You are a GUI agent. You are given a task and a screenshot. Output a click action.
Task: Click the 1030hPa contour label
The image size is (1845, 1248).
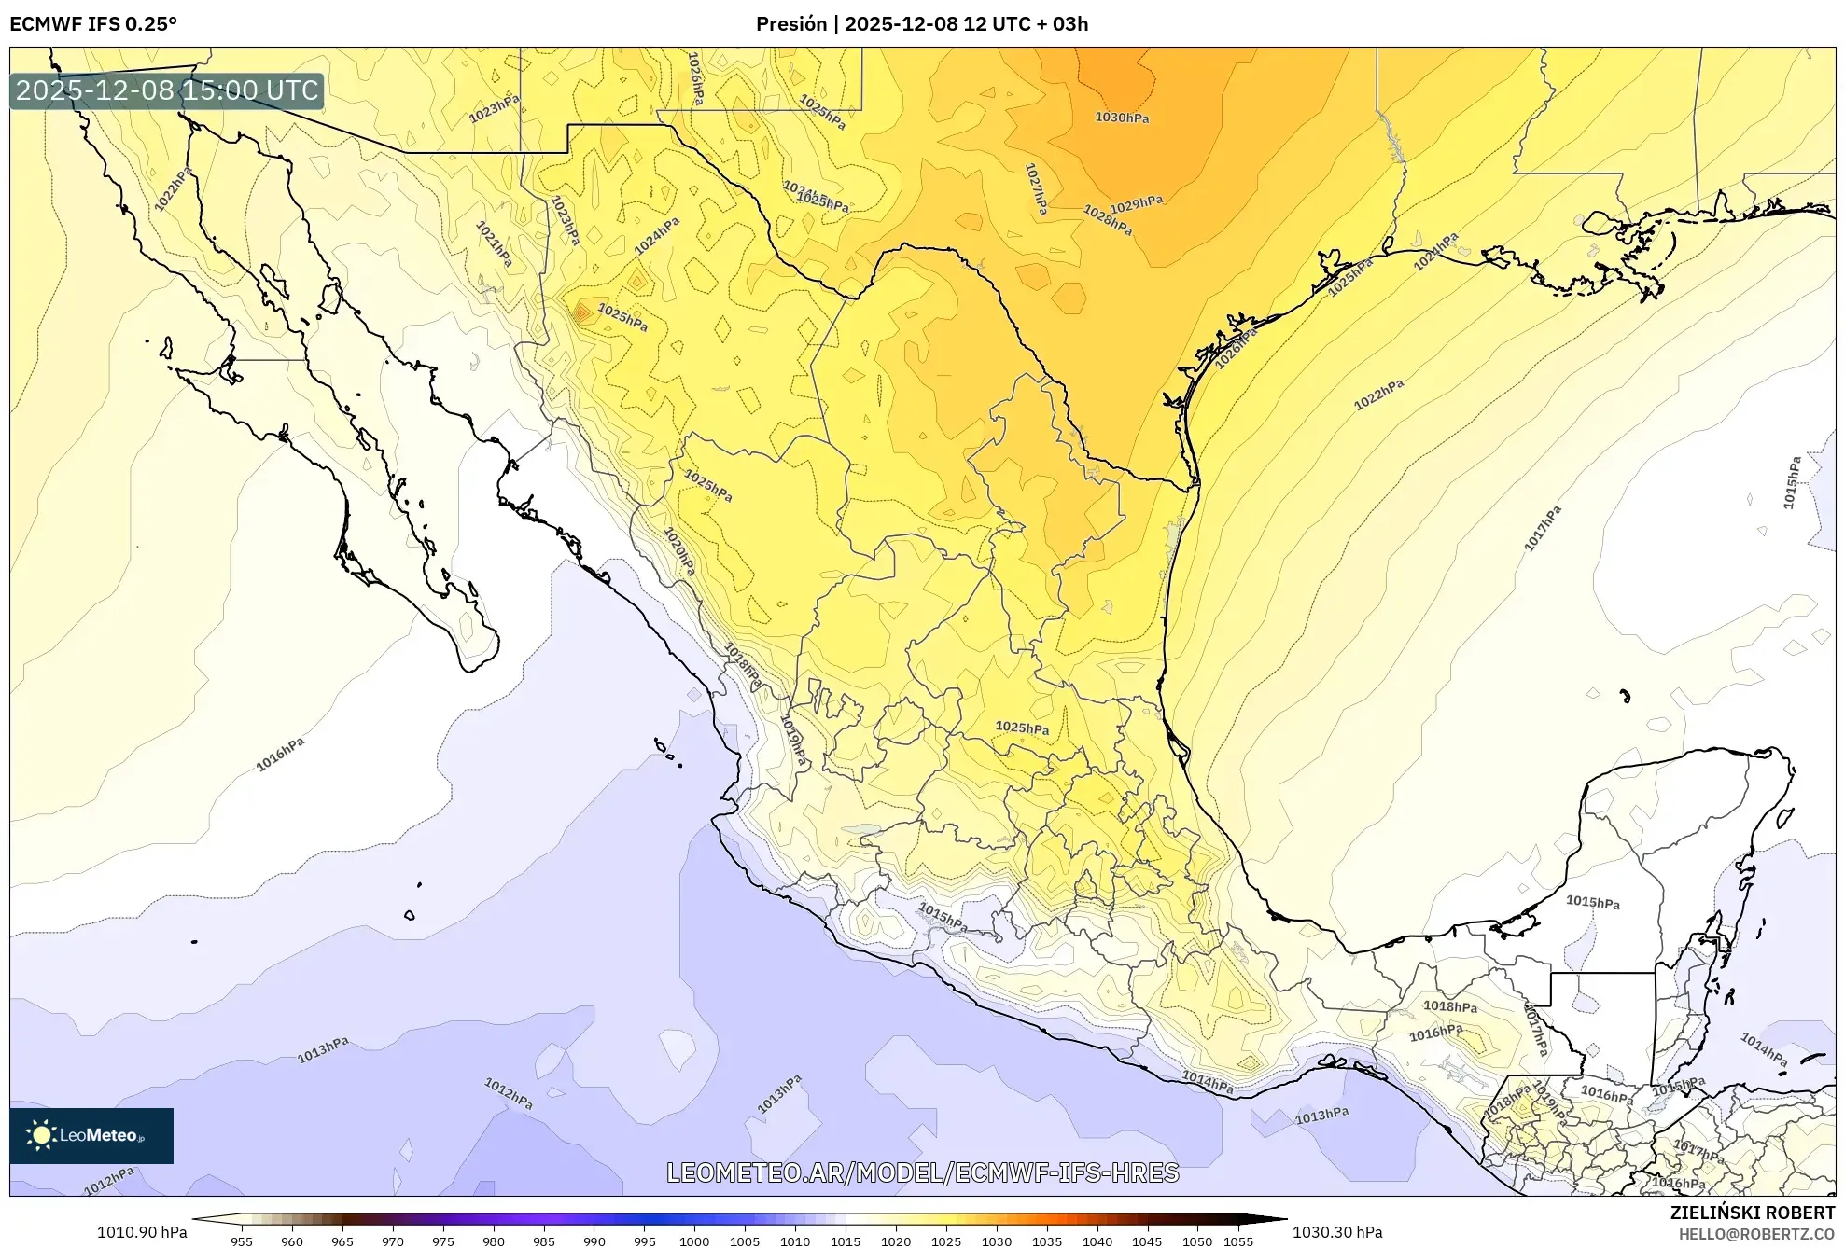(x=1122, y=118)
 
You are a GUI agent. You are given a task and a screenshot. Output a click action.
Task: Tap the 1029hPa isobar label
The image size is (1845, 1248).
(x=1136, y=203)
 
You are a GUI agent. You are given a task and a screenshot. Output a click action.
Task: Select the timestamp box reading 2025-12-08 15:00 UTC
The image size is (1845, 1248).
(x=167, y=90)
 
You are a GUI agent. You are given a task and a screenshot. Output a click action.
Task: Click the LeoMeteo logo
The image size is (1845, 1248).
(x=91, y=1135)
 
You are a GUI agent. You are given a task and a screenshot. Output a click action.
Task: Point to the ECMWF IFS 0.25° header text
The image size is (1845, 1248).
(x=93, y=24)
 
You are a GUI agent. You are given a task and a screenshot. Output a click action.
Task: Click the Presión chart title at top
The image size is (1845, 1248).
(x=921, y=24)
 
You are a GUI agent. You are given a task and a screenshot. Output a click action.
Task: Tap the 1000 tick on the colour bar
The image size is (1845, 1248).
(x=693, y=1241)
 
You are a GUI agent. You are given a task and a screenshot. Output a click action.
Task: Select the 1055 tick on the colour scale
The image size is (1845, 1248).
(x=1238, y=1241)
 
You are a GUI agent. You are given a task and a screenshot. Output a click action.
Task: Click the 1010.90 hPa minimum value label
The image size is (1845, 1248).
(x=142, y=1232)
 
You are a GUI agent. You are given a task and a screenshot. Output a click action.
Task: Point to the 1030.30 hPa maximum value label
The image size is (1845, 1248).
(x=1337, y=1232)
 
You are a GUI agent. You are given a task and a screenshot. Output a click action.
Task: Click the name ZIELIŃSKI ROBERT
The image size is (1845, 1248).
(x=1752, y=1213)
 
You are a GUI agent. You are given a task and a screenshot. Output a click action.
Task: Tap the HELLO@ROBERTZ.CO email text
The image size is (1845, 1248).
(x=1756, y=1234)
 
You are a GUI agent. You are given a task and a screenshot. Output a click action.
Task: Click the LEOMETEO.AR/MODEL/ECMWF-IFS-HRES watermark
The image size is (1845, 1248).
(x=922, y=1172)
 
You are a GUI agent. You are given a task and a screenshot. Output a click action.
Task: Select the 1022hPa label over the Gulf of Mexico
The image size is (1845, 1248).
(x=1378, y=395)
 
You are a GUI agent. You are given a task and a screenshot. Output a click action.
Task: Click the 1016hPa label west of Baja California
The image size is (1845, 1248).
(x=280, y=755)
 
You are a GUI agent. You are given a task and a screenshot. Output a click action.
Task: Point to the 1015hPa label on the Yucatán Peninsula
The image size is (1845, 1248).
(x=1592, y=902)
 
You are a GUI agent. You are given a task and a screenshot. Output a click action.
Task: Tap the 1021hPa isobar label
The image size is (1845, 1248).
(x=494, y=243)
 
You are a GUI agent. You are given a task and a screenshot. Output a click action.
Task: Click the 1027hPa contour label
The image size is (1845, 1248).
(x=1036, y=189)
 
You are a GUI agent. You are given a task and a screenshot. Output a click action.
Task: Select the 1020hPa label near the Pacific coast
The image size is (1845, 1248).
(x=679, y=551)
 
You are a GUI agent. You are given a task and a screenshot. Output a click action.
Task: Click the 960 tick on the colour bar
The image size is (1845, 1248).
(x=292, y=1241)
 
